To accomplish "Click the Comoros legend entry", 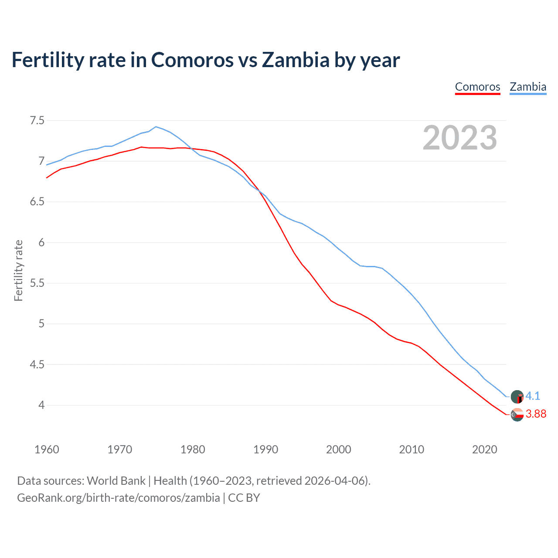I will pyautogui.click(x=477, y=87).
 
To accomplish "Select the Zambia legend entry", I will pyautogui.click(x=528, y=87).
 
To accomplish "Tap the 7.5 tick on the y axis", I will pyautogui.click(x=37, y=120).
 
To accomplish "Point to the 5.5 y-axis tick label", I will pyautogui.click(x=37, y=283).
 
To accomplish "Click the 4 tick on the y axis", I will pyautogui.click(x=41, y=405).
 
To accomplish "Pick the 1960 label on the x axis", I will pyautogui.click(x=47, y=449).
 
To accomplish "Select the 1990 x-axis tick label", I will pyautogui.click(x=265, y=449).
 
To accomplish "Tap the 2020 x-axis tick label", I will pyautogui.click(x=484, y=449).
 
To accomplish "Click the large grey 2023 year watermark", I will pyautogui.click(x=459, y=138).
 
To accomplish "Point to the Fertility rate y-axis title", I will pyautogui.click(x=18, y=270).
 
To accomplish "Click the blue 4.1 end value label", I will pyautogui.click(x=533, y=396).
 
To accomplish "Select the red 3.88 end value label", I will pyautogui.click(x=536, y=414).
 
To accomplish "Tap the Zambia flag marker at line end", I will pyautogui.click(x=517, y=397).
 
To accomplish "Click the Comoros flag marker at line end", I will pyautogui.click(x=517, y=415).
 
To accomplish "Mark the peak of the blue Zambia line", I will pyautogui.click(x=156, y=127).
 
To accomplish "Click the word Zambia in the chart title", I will pyautogui.click(x=296, y=60).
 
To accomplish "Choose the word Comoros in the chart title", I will pyautogui.click(x=192, y=60).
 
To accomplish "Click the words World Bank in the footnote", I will pyautogui.click(x=116, y=481).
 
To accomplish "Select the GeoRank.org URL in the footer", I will pyautogui.click(x=118, y=498).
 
